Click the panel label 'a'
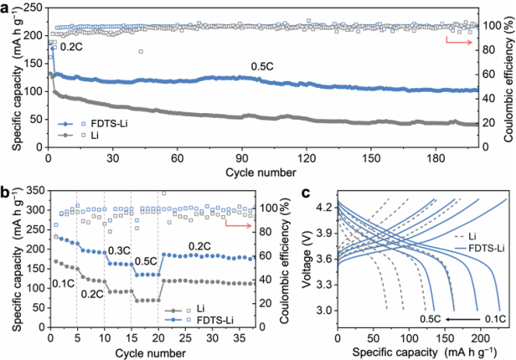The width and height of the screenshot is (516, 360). [x=5, y=8]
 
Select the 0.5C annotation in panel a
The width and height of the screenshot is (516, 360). [x=262, y=67]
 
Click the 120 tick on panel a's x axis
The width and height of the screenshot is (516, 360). [x=307, y=158]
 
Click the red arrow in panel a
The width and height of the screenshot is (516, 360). [x=459, y=41]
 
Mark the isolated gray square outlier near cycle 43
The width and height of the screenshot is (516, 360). [x=141, y=51]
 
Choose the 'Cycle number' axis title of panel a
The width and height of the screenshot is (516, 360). [x=261, y=172]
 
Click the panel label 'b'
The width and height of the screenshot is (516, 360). [x=5, y=193]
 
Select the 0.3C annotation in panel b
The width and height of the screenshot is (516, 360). [x=120, y=251]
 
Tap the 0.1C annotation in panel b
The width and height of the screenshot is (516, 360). [x=64, y=284]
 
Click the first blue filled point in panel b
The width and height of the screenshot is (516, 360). [x=56, y=237]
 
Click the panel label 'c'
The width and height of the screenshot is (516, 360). [x=306, y=193]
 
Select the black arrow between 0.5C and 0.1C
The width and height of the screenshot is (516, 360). [x=462, y=319]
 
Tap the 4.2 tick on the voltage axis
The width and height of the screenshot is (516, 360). [x=324, y=208]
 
